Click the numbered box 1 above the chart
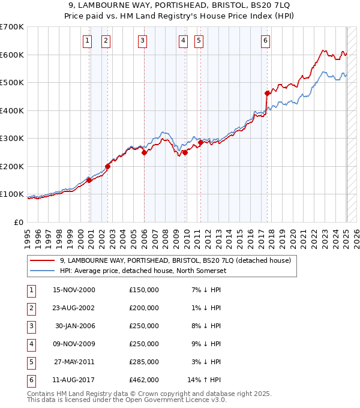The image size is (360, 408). pos(87,41)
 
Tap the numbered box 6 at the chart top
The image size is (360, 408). pos(265,41)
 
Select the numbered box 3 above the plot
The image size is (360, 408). pos(142,41)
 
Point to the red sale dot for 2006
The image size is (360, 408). pos(145,152)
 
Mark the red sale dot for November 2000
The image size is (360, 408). pos(89,180)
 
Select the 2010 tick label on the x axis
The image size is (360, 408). pos(186,235)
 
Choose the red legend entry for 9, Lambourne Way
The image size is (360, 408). pos(175,260)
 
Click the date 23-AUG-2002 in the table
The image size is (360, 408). pos(74,308)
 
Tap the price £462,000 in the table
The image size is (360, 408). pos(144,380)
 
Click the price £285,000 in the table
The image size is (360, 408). pos(144,362)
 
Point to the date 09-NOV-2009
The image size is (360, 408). pos(74,344)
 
